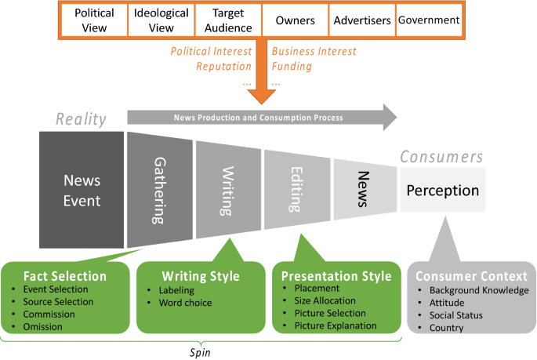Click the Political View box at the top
[94, 20]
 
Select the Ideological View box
[161, 20]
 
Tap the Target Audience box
[228, 20]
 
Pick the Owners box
[295, 20]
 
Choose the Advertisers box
[361, 20]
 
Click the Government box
[429, 20]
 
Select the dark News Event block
[82, 190]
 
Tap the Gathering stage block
[159, 190]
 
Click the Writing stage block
[228, 190]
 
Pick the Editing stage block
[296, 190]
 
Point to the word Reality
[80, 119]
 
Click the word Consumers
[441, 157]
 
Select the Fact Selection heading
[64, 275]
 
